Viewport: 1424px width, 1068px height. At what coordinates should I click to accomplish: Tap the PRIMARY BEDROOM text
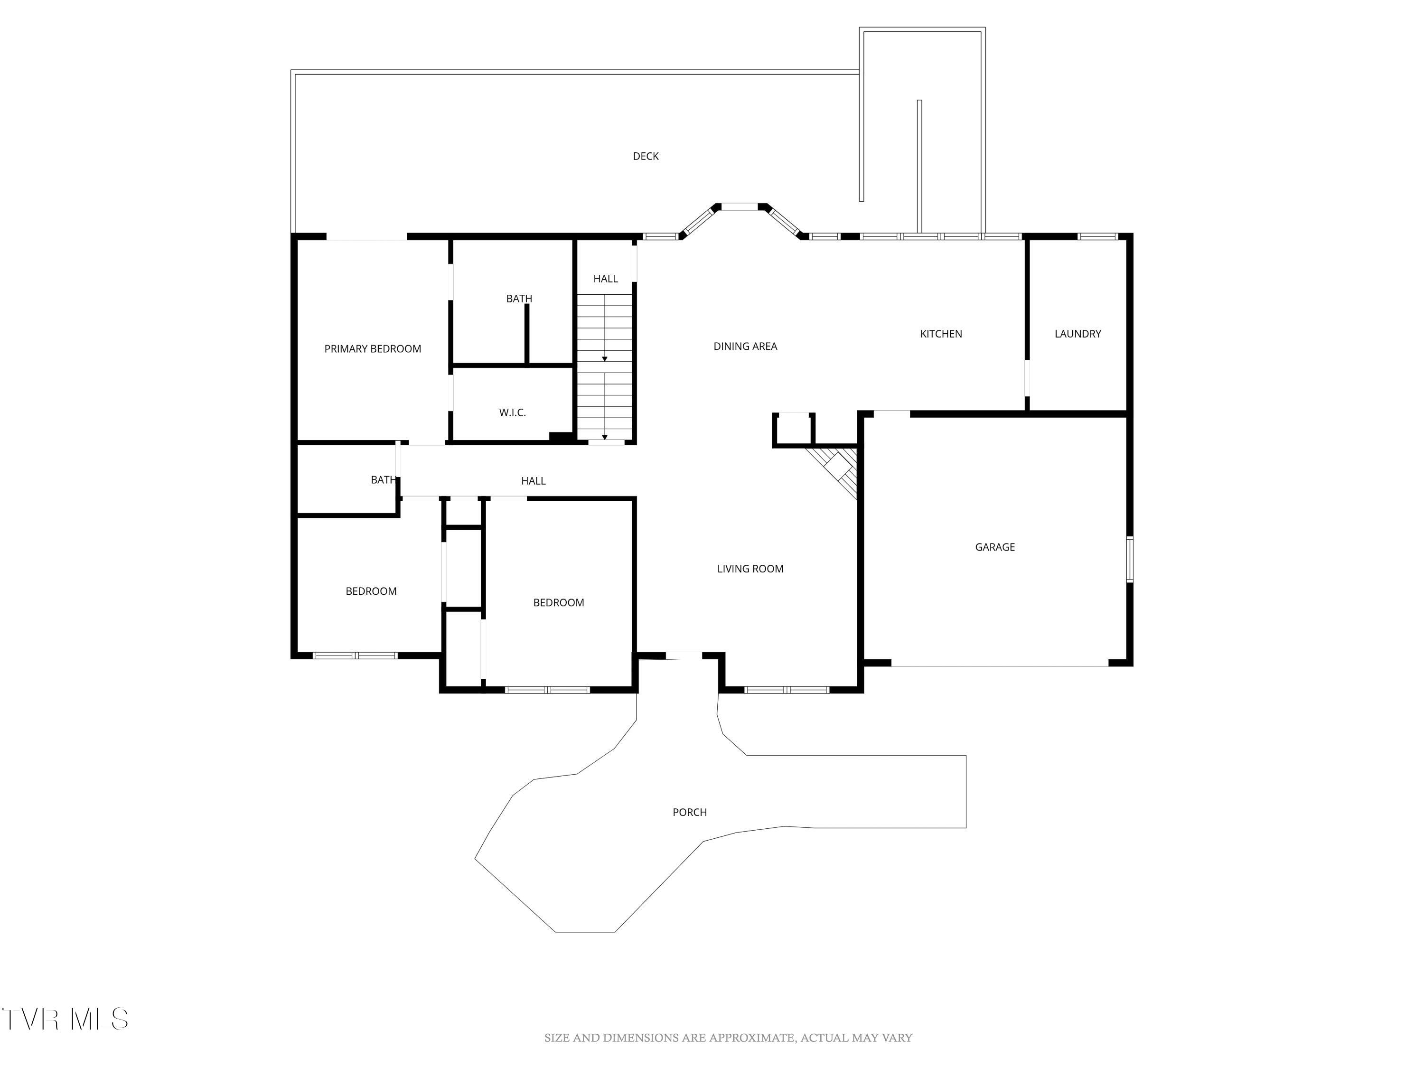pos(372,349)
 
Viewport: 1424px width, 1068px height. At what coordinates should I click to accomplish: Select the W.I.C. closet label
pos(513,412)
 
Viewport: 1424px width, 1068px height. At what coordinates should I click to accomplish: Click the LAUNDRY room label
pos(1077,334)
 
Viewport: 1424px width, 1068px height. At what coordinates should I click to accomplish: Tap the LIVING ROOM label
pos(750,569)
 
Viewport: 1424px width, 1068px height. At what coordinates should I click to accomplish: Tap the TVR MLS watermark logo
pos(65,1019)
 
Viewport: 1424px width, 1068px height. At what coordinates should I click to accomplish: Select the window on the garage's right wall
pos(1129,560)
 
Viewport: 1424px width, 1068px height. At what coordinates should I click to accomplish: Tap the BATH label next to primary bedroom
pos(519,299)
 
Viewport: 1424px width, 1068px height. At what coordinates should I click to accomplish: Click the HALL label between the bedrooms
pos(533,481)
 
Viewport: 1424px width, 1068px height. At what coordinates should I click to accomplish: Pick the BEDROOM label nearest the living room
pos(558,602)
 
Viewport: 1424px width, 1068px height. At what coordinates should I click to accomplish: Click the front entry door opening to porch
pos(683,656)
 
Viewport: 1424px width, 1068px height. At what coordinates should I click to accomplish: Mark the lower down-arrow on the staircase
pos(605,437)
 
